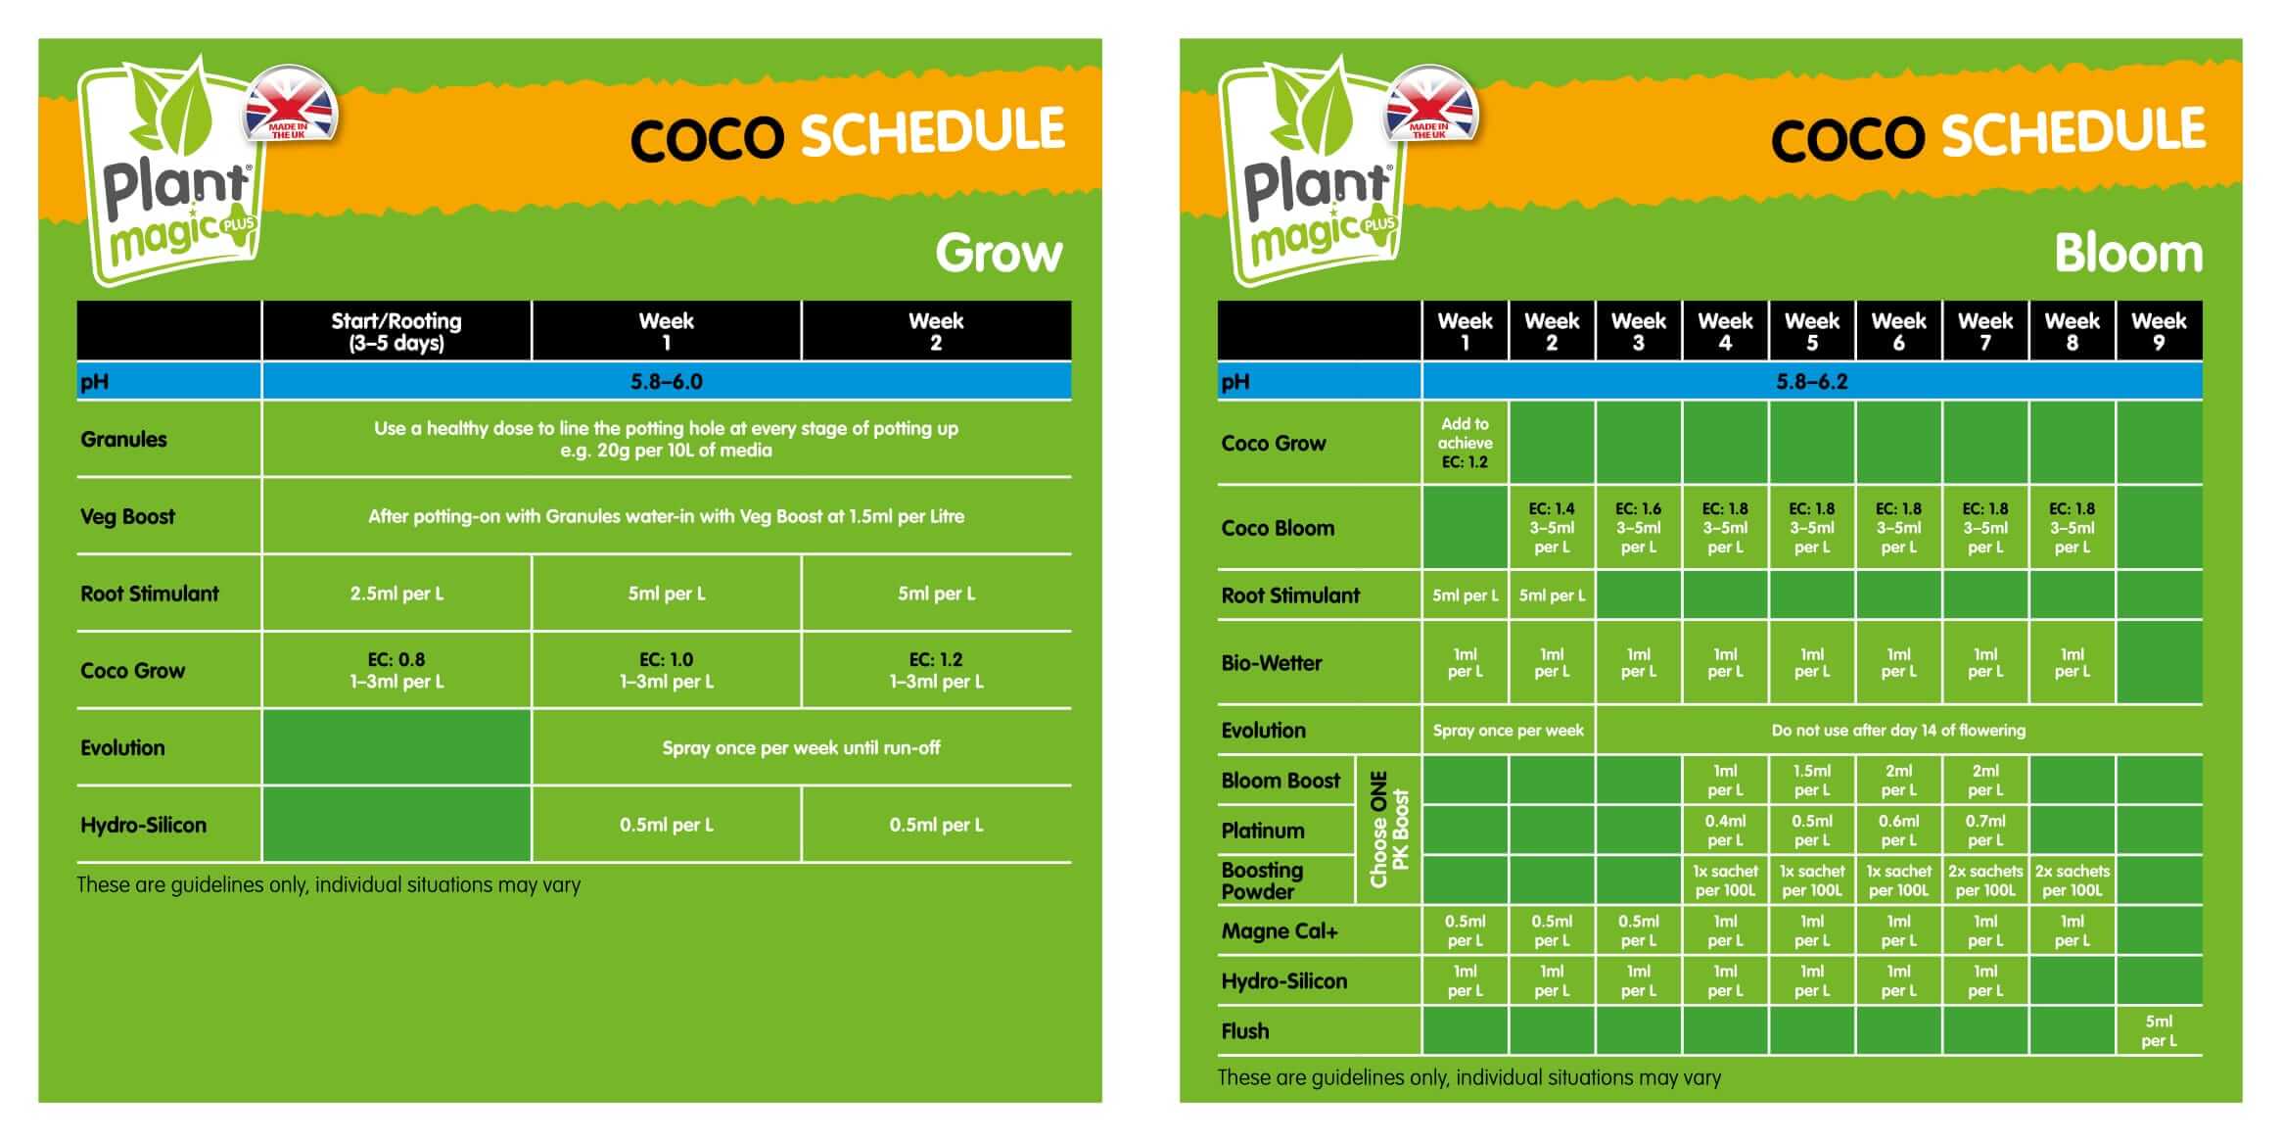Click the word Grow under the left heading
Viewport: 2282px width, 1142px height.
998,254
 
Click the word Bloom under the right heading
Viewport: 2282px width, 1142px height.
2127,254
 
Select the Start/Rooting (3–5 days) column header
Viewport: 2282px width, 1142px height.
396,331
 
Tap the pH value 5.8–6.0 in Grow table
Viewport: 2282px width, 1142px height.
666,382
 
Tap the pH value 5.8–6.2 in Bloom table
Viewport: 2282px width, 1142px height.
1811,382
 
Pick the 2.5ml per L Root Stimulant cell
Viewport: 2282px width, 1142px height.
396,594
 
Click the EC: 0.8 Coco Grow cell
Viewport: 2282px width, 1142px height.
396,670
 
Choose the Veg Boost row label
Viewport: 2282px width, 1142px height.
127,517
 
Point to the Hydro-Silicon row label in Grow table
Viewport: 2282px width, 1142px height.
143,825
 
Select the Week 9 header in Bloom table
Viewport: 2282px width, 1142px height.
2158,331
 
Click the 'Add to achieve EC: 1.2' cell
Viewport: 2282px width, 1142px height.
1465,443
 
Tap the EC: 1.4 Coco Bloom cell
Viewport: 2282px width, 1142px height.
1551,528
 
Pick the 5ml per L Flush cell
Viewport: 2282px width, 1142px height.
2158,1030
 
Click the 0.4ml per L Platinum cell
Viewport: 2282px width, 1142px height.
1725,831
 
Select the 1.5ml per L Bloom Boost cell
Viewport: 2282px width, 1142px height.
1811,781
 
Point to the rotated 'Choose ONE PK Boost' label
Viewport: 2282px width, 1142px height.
1388,830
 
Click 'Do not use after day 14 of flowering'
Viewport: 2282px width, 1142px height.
1897,731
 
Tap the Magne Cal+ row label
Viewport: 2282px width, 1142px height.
1279,931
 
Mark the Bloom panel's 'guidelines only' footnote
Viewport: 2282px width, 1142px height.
1468,1077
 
